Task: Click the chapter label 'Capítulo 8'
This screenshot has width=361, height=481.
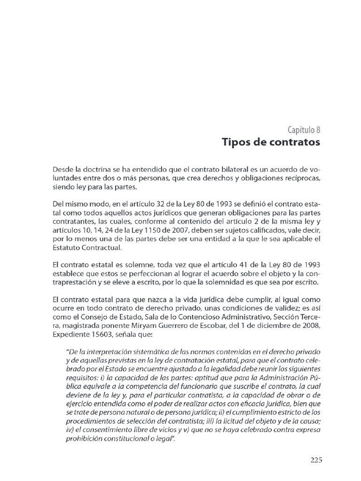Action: (304, 130)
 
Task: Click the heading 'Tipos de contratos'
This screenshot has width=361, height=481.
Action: (272, 142)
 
